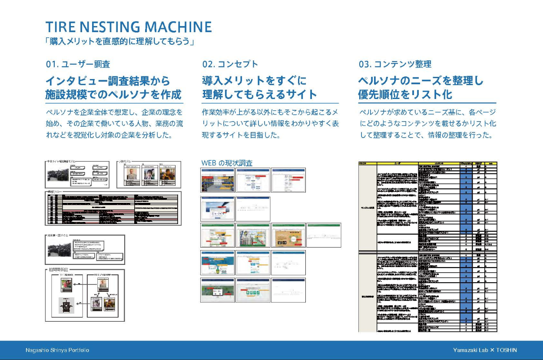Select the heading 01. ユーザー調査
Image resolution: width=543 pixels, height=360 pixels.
[78, 64]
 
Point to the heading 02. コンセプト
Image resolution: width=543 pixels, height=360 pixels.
[230, 64]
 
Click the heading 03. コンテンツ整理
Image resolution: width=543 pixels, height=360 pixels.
[395, 64]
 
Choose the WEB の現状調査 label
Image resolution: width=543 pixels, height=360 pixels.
[227, 163]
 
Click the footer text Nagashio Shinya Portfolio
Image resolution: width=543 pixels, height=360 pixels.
[57, 350]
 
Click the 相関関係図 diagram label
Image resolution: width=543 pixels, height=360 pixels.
[61, 270]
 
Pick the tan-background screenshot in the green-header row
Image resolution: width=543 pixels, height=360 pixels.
[288, 235]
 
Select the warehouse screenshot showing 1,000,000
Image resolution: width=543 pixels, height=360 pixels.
[217, 180]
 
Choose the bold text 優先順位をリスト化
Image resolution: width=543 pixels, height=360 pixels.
[405, 94]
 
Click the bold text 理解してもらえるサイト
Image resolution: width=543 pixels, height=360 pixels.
[259, 94]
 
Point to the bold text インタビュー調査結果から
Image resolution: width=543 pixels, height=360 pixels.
[108, 81]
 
